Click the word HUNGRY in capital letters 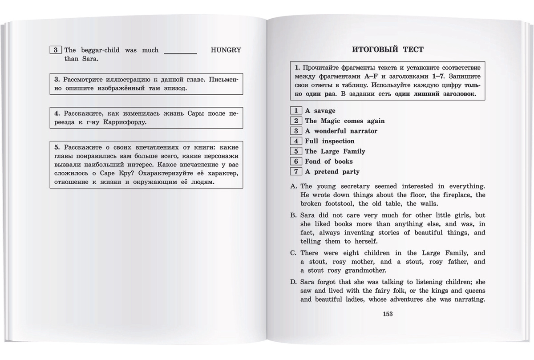[x=225, y=50]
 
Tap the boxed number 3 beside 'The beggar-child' [x=56, y=50]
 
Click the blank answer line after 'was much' [x=181, y=51]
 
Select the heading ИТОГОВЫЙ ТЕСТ [x=388, y=49]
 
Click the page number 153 [x=387, y=314]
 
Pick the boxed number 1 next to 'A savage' [x=295, y=111]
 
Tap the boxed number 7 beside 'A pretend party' [x=295, y=172]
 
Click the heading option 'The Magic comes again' [x=344, y=121]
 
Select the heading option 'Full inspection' [x=329, y=141]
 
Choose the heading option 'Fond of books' [x=328, y=162]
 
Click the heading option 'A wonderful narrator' [x=341, y=131]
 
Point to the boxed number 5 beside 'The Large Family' [x=295, y=151]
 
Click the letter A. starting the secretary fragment [x=293, y=186]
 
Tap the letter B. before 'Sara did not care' [x=293, y=215]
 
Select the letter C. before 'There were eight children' [x=293, y=253]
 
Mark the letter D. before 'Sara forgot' [x=293, y=282]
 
